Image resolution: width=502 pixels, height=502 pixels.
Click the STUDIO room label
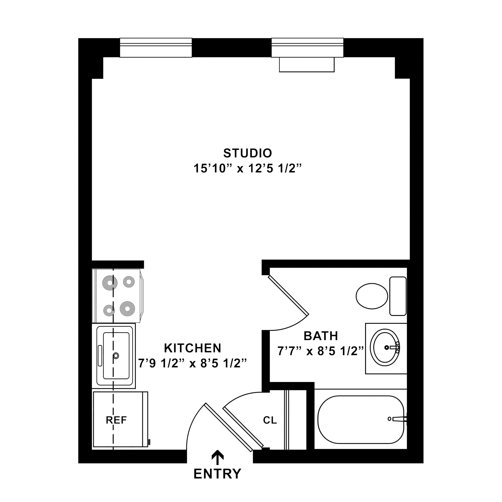click(248, 153)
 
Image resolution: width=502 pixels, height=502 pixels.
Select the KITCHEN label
click(193, 348)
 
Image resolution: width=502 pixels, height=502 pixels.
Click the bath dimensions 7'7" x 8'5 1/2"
click(321, 351)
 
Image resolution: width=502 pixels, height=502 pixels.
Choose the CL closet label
click(270, 420)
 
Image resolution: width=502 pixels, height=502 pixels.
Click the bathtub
click(361, 420)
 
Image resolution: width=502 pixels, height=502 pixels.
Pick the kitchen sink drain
click(116, 356)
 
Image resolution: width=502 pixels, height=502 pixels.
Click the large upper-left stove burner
click(110, 282)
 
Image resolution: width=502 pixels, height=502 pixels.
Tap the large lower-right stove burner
click(127, 308)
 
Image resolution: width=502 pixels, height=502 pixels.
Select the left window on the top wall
click(156, 47)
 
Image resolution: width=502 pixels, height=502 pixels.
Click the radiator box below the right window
click(307, 65)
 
